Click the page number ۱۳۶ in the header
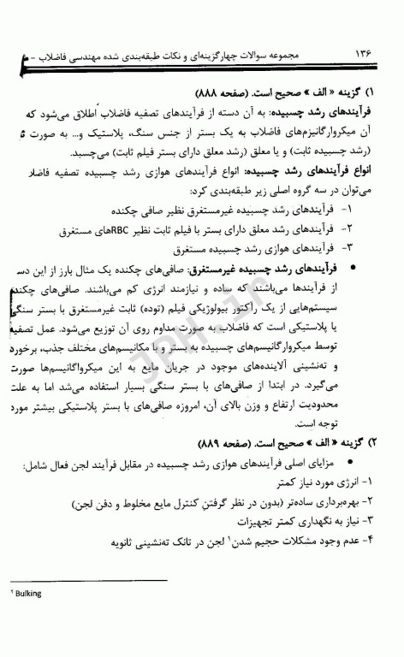coord(364,53)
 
